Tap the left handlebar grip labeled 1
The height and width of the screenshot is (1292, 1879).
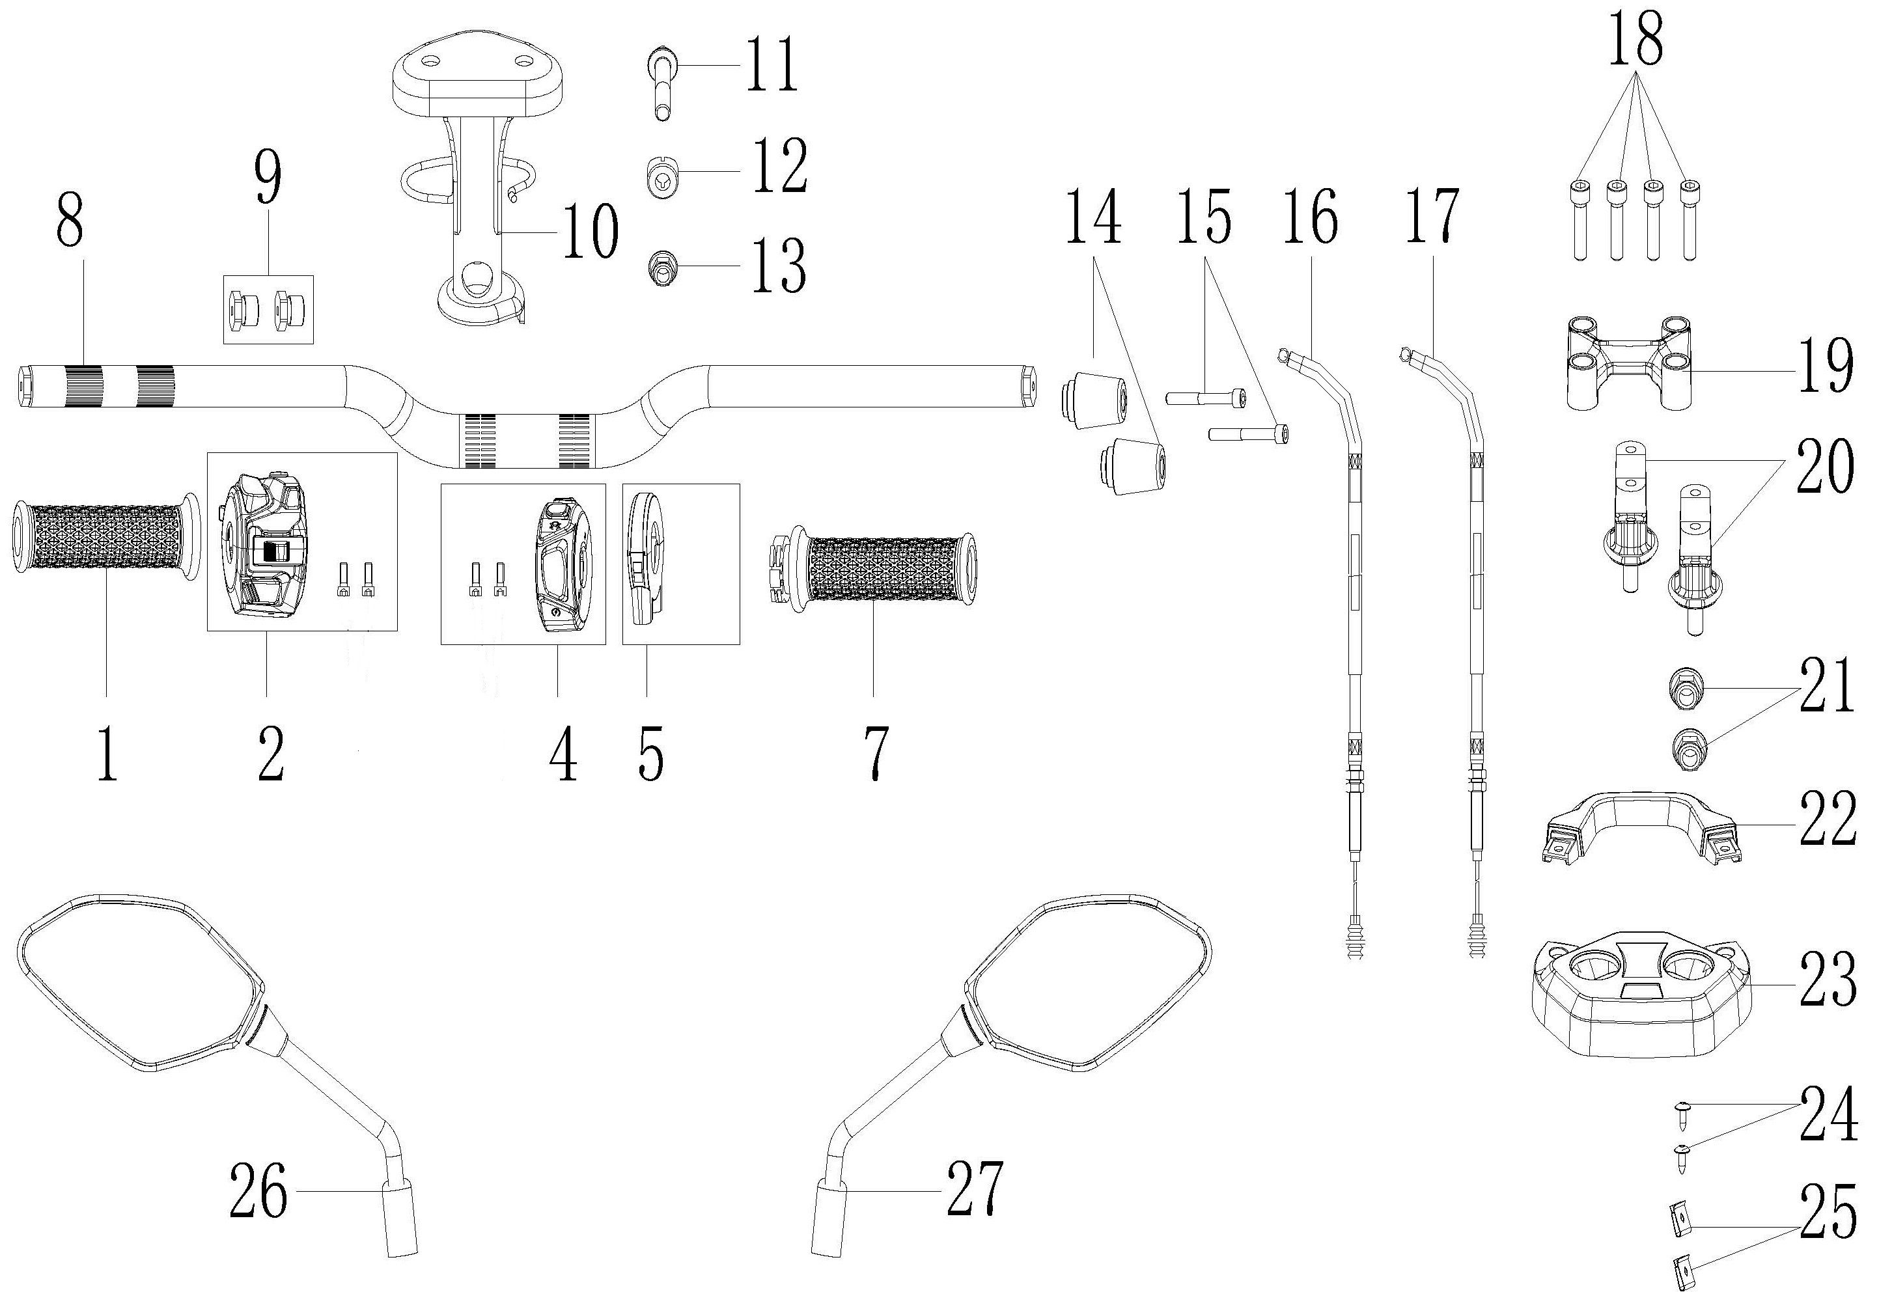(105, 539)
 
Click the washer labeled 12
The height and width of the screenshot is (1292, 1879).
(662, 176)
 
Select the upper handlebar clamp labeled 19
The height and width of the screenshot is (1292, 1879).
(1627, 364)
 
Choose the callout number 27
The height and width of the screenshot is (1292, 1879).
(975, 1189)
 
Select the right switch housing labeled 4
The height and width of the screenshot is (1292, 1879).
(565, 565)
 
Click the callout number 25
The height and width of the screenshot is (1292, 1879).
(1828, 1212)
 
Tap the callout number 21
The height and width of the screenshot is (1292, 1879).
(1826, 685)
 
